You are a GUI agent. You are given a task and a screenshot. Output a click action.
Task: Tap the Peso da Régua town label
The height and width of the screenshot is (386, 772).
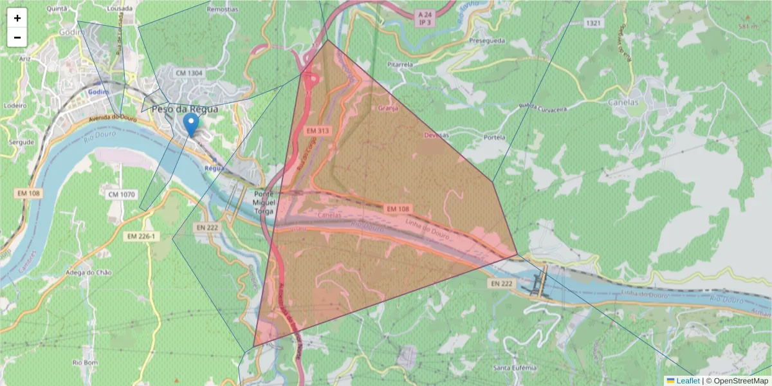(x=185, y=109)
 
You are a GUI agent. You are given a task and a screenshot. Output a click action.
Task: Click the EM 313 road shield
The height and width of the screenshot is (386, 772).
(x=318, y=131)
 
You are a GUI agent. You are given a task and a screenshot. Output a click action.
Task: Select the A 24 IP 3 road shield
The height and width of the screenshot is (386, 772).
(x=425, y=17)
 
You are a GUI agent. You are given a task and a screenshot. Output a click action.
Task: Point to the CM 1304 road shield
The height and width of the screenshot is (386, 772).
(x=189, y=73)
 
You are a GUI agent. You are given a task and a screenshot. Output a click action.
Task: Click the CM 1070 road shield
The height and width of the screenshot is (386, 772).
(x=122, y=194)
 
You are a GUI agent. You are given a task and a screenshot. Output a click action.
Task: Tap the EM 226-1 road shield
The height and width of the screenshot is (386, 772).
(x=141, y=237)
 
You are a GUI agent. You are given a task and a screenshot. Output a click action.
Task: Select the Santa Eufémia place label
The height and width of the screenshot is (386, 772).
(x=514, y=367)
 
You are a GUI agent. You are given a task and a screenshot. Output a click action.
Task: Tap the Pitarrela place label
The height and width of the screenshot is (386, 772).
(x=400, y=65)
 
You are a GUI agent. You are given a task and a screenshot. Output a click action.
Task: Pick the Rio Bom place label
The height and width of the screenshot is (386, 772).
(x=85, y=363)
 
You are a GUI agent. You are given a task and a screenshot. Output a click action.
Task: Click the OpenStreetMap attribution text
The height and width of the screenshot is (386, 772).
(x=740, y=381)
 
